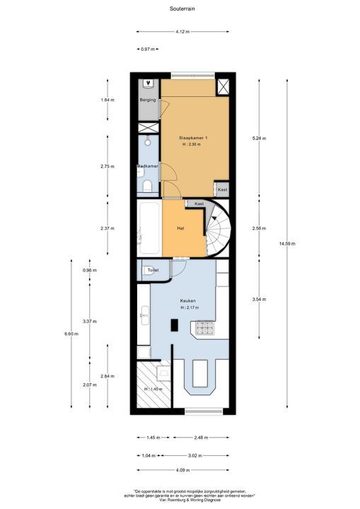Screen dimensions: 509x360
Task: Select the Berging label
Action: coord(147,100)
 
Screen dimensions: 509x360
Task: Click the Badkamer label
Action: coord(148,167)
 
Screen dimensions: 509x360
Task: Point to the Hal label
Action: coord(181,228)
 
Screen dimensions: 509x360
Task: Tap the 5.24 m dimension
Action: coord(259,138)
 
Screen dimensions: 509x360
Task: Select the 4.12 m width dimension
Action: coord(182,32)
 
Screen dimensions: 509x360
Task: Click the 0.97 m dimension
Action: coord(147,49)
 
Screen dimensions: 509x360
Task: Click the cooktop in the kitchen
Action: coord(206,327)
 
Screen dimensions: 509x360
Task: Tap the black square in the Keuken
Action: coord(175,324)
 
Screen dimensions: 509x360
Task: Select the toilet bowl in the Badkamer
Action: coord(148,187)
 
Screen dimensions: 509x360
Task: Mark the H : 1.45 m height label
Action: coord(153,388)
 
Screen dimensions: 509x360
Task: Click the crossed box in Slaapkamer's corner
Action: coord(223,87)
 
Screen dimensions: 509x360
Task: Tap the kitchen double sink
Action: coord(144,315)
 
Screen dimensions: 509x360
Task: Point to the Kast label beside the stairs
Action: coord(199,204)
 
